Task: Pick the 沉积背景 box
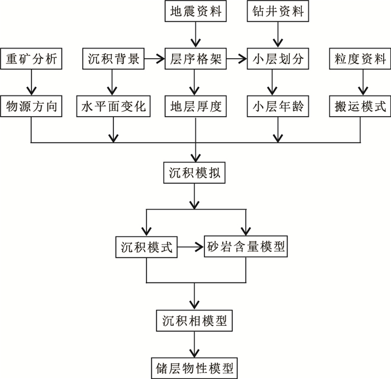coord(113,59)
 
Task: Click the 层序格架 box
coord(195,59)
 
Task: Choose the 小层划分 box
coord(277,59)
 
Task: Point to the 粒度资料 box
coord(360,59)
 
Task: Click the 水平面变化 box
coord(113,106)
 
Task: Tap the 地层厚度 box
coord(195,106)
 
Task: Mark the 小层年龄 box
coord(277,106)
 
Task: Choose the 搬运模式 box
coord(360,106)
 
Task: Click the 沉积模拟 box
coord(195,173)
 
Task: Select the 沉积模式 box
coord(146,246)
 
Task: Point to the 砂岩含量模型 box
coord(246,246)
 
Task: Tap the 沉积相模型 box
coord(194,321)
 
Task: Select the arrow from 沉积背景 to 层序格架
coord(153,59)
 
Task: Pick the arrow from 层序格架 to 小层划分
coord(236,59)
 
